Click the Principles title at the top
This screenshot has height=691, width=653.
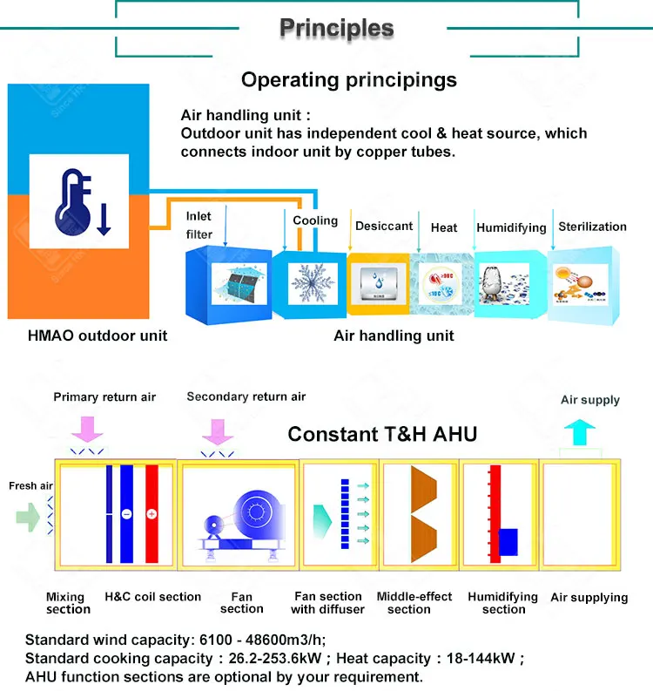point(336,28)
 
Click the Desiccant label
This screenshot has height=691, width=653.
point(384,226)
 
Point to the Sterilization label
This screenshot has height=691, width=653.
point(592,227)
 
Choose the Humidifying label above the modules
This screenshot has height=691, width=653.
point(511,227)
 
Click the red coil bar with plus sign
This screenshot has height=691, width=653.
point(152,514)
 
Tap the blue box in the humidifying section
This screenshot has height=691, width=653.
point(508,541)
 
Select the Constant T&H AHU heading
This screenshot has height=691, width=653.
point(382,433)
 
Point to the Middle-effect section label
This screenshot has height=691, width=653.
point(414,603)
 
